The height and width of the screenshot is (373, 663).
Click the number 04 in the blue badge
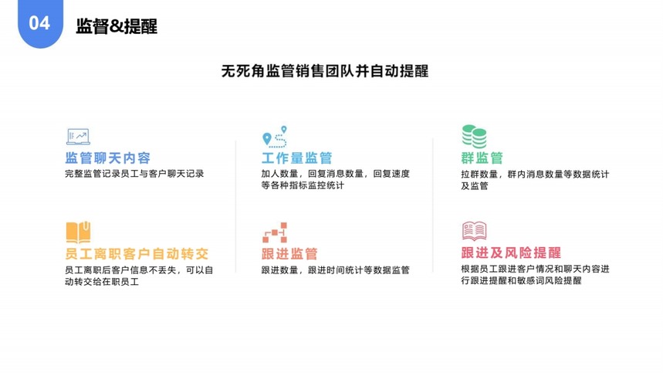tap(39, 23)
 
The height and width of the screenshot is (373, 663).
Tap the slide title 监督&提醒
tap(117, 26)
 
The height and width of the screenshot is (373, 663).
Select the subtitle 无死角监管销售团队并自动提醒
tap(325, 71)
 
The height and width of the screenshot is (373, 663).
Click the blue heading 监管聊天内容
tap(108, 158)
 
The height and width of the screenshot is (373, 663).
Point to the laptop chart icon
tap(78, 137)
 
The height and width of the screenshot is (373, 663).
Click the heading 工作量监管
tap(297, 158)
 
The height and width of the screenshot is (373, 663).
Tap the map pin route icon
tap(275, 137)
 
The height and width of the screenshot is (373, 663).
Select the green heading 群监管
tap(482, 158)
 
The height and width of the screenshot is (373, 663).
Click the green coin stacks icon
tap(474, 137)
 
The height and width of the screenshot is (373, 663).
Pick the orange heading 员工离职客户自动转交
tap(137, 254)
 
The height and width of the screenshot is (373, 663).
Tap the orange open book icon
tap(78, 232)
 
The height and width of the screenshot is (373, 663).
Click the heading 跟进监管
tap(289, 254)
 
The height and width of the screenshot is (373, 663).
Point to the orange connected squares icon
tap(275, 232)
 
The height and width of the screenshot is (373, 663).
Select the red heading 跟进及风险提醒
tap(511, 253)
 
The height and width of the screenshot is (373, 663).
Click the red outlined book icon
tap(475, 231)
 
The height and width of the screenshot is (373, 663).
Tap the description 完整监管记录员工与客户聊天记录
tap(134, 174)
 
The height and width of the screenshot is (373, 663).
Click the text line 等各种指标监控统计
tap(303, 185)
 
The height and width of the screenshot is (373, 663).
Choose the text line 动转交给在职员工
tap(102, 282)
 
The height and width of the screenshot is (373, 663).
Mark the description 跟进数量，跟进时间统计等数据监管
tap(335, 270)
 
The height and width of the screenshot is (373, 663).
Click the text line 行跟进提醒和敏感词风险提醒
tap(521, 281)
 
